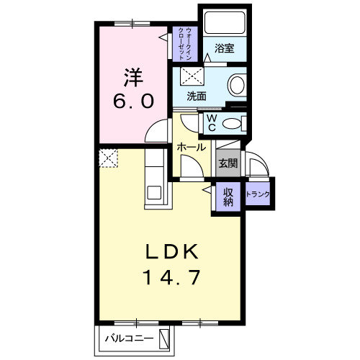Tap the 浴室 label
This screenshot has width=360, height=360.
224,50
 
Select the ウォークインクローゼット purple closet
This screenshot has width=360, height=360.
184,42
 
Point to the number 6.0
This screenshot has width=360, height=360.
132,101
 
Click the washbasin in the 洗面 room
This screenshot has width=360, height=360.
237,86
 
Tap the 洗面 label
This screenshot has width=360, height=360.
197,95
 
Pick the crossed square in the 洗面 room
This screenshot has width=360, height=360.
190,76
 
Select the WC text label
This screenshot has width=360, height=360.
212,120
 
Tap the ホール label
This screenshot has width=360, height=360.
192,147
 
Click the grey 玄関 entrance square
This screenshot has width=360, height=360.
228,163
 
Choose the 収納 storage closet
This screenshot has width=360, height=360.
228,196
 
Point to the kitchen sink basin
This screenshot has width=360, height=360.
153,192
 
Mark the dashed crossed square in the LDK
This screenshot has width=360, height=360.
108,157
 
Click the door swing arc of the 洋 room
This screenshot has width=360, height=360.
154,132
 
